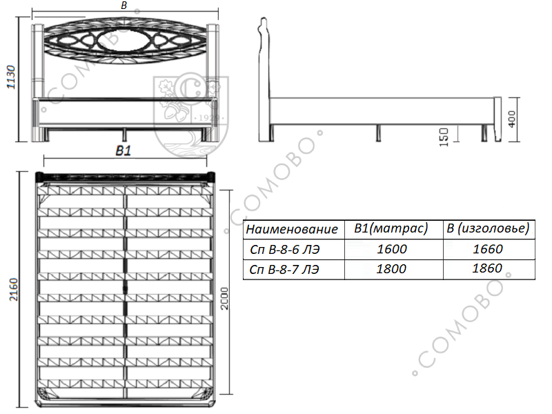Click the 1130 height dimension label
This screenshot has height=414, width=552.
pyautogui.click(x=12, y=77)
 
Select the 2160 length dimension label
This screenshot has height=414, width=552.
pyautogui.click(x=13, y=289)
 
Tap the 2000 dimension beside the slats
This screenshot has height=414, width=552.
pyautogui.click(x=225, y=299)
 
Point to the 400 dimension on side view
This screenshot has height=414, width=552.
pyautogui.click(x=512, y=119)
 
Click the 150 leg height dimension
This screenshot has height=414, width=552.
pyautogui.click(x=444, y=137)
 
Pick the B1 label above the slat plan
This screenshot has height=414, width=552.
pyautogui.click(x=124, y=150)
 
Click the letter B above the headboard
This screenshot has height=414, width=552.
pyautogui.click(x=124, y=6)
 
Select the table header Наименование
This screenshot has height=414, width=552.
pyautogui.click(x=292, y=229)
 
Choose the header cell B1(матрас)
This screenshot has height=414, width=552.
pyautogui.click(x=391, y=229)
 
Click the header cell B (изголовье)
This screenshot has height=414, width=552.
pyautogui.click(x=488, y=228)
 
